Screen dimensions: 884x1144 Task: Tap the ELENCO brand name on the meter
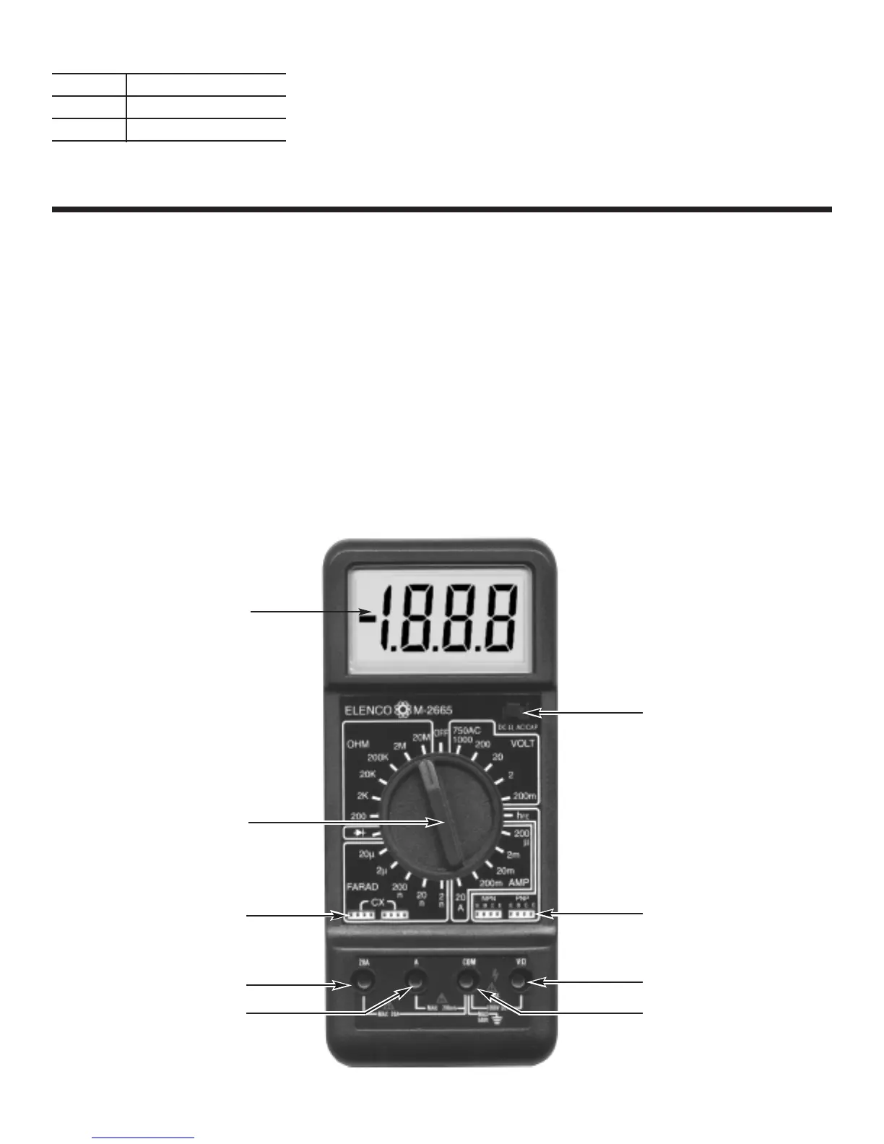[369, 711]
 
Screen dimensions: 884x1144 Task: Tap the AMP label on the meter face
[519, 883]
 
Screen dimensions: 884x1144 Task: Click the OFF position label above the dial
[441, 734]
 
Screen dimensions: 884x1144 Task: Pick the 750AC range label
[467, 731]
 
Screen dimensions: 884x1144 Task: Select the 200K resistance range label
[378, 758]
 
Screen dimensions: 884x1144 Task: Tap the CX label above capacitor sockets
[378, 903]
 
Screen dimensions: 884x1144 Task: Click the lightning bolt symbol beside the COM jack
[493, 972]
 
